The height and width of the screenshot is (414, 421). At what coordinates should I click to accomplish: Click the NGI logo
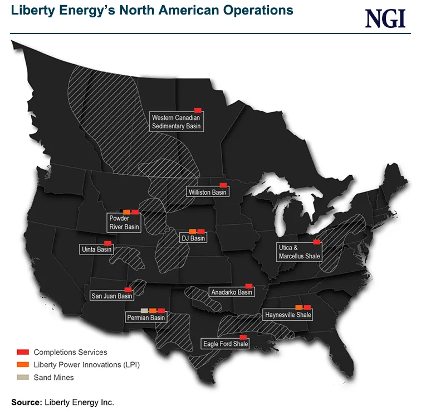(385, 18)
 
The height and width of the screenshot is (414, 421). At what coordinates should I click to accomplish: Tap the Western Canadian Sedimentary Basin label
(175, 122)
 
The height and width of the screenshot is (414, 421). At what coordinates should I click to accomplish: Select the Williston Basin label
(208, 192)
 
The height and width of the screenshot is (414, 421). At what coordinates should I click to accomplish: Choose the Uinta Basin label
(97, 249)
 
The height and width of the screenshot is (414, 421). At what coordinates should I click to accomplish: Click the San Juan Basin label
(112, 296)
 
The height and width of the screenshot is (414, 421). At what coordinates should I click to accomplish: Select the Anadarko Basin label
(231, 292)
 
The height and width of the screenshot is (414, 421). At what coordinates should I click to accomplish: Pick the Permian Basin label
(146, 317)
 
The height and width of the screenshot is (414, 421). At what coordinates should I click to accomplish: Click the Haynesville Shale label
(288, 315)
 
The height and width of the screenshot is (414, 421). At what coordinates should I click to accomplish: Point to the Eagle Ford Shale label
(225, 344)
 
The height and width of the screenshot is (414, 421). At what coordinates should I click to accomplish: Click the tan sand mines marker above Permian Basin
(144, 310)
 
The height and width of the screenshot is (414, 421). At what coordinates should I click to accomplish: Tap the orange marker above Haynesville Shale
(298, 307)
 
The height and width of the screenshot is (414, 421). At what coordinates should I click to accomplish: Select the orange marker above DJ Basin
(193, 231)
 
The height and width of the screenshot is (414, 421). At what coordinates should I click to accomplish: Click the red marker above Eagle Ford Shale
(243, 336)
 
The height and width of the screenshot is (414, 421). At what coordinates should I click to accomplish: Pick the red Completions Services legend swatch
(23, 352)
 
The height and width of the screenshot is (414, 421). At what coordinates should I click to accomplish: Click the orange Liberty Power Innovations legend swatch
(23, 364)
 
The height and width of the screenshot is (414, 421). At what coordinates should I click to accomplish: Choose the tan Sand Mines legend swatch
(23, 377)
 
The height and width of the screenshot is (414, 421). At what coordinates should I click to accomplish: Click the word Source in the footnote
(25, 402)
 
